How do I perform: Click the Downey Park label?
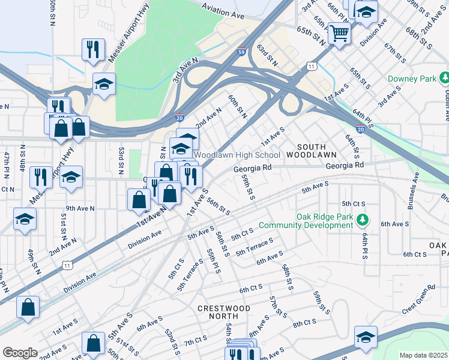click(x=406, y=79)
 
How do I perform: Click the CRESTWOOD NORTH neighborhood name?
click(x=224, y=313)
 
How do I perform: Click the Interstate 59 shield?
click(x=241, y=52)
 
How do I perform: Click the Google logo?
click(x=20, y=353)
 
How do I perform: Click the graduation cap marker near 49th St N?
click(x=25, y=219)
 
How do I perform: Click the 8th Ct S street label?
click(x=305, y=323)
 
